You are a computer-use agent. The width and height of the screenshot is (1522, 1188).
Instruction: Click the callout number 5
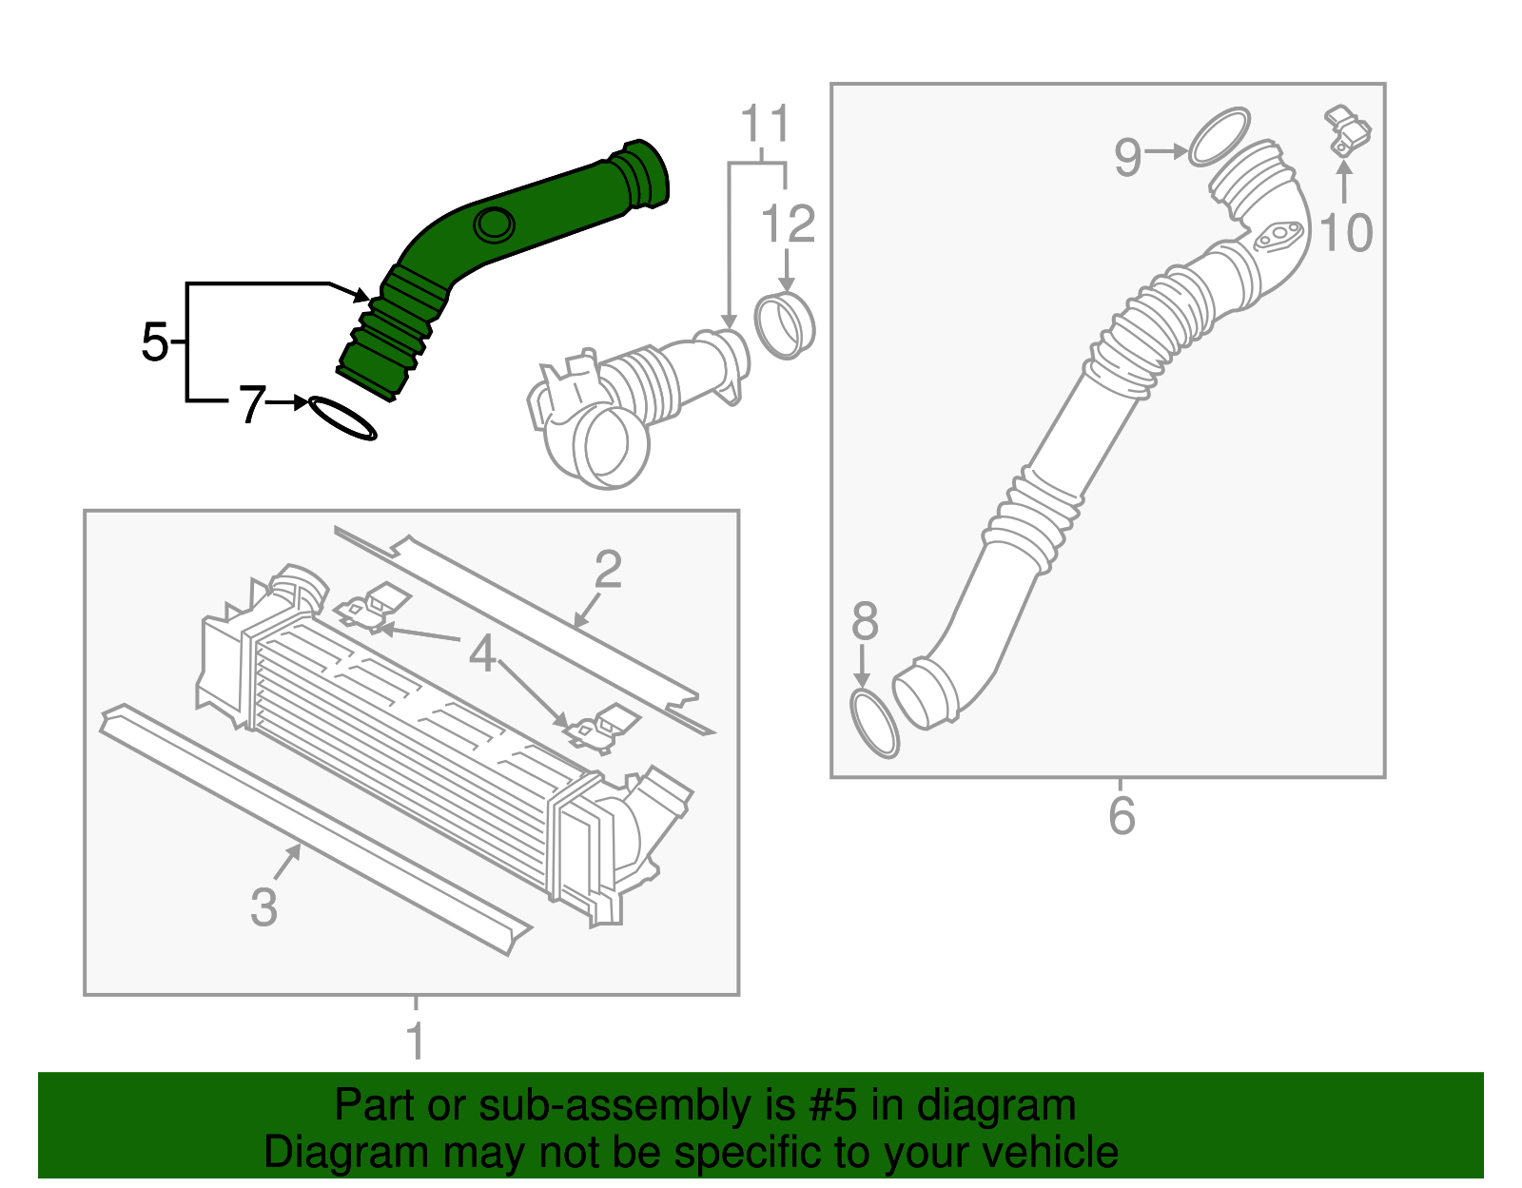click(x=154, y=341)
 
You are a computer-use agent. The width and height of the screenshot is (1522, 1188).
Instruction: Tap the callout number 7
click(x=250, y=405)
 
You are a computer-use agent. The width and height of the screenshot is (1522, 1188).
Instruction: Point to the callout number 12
click(x=788, y=224)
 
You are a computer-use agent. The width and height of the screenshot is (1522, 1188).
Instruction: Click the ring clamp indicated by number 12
click(x=785, y=326)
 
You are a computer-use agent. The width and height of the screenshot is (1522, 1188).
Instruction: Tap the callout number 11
click(x=765, y=125)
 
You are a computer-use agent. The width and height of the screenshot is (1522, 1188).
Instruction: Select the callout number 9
click(x=1127, y=156)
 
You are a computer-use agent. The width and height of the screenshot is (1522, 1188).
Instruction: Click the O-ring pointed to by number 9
click(x=1219, y=136)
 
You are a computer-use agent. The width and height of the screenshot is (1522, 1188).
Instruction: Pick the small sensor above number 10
click(x=1348, y=131)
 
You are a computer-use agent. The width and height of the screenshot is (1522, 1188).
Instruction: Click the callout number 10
click(x=1346, y=232)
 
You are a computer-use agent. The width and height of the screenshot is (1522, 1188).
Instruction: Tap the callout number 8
click(x=864, y=621)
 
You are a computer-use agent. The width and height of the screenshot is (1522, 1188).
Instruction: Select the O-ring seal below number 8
click(x=874, y=725)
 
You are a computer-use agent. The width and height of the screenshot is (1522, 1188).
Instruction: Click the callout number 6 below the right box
click(x=1122, y=816)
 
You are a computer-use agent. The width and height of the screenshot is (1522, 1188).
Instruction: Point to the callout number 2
click(x=608, y=569)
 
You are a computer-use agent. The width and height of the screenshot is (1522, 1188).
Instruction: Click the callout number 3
click(x=263, y=906)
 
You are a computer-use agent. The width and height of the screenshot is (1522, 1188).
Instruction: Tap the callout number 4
click(x=483, y=653)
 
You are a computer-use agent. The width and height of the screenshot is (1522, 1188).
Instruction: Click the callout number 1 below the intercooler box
click(x=416, y=1041)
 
